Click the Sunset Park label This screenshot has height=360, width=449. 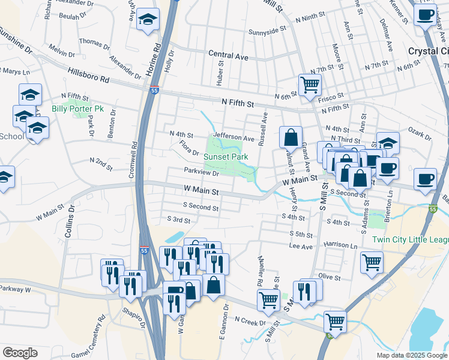[225, 157]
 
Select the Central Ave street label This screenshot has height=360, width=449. [228, 55]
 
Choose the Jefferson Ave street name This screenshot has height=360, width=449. [234, 137]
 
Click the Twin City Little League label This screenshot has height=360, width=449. [410, 240]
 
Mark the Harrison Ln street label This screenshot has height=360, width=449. [340, 245]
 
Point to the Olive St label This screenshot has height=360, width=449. [330, 277]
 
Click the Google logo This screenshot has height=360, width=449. [20, 353]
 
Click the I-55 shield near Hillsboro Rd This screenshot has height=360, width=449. [154, 90]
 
